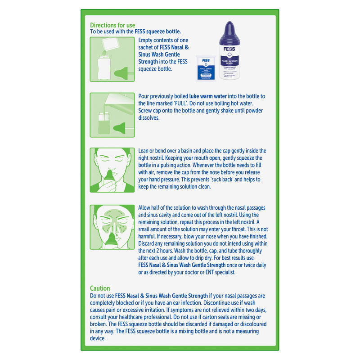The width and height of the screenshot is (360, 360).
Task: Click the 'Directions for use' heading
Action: click(112, 25)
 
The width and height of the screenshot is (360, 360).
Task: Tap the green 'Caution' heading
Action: click(100, 288)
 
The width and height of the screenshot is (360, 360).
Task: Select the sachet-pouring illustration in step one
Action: click(112, 59)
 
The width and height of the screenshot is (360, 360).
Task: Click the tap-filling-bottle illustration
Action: click(112, 115)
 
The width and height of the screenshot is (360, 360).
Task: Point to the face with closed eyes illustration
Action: click(112, 170)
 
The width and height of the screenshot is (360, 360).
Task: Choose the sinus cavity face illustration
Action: click(112, 227)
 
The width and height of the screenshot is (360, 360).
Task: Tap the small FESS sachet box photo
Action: click(206, 68)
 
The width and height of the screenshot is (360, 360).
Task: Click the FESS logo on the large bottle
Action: click(229, 50)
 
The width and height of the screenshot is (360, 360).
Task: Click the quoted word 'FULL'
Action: click(179, 103)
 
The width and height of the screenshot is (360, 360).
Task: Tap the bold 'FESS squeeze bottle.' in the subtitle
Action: click(154, 31)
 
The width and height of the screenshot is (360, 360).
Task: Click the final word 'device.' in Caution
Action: click(98, 338)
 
